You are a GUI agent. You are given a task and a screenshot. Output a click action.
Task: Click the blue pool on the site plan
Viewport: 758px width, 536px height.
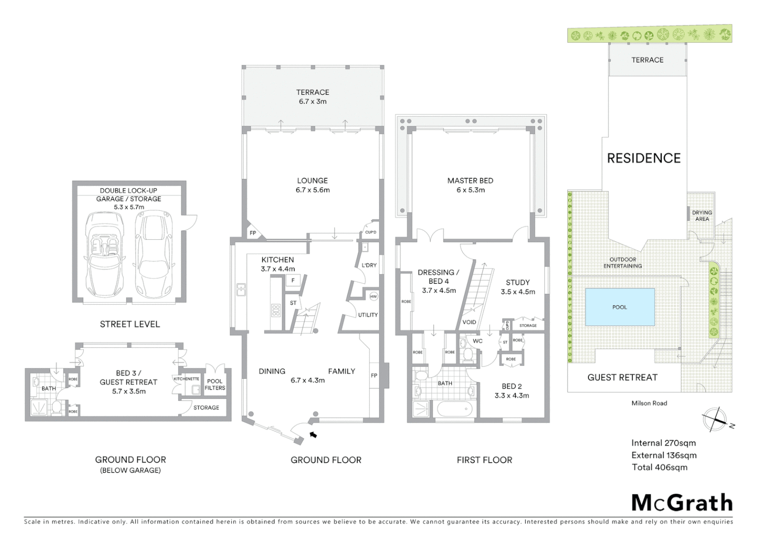tap(620, 307)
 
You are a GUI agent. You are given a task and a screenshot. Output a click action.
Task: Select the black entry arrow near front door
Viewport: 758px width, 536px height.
tap(313, 435)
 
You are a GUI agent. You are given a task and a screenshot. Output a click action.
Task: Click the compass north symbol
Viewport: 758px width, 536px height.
tap(715, 419)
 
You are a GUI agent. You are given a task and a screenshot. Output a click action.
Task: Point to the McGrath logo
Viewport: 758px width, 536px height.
tap(682, 503)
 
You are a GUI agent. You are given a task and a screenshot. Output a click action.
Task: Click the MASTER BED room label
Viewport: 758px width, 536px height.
tap(470, 181)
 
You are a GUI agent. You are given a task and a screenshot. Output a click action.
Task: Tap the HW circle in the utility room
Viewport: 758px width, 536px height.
tap(374, 296)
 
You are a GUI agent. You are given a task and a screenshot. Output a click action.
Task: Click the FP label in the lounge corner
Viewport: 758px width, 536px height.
tap(253, 233)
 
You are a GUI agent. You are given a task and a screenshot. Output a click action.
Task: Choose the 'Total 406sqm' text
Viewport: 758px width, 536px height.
tap(659, 467)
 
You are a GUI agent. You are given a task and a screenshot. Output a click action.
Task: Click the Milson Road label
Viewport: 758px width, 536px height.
tap(649, 403)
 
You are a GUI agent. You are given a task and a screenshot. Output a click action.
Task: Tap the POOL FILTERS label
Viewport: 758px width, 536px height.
tap(215, 385)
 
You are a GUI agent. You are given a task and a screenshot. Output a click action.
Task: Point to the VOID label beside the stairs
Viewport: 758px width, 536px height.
tap(469, 322)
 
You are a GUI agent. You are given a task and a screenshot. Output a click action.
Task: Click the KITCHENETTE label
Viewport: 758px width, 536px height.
tap(187, 379)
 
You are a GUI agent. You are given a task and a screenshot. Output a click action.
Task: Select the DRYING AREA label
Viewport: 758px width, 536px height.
tap(702, 215)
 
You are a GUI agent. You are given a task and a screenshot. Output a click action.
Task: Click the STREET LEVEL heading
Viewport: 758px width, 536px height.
tap(130, 324)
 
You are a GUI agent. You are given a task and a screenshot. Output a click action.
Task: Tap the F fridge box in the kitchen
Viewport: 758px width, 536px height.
tap(293, 280)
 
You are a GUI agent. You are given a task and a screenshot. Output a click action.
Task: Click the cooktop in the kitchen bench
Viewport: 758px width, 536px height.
tap(276, 311)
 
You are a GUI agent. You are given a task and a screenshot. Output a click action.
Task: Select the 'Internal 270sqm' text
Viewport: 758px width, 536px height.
tap(663, 443)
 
